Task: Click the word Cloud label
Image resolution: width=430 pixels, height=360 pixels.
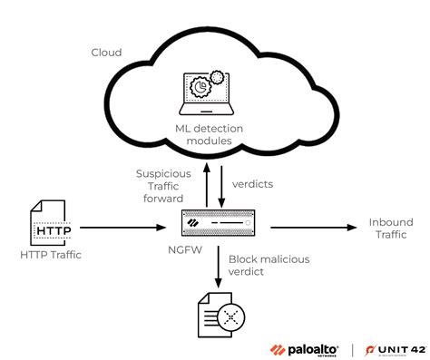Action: [105, 53]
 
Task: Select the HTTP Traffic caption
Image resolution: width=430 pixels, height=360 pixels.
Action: [51, 254]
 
